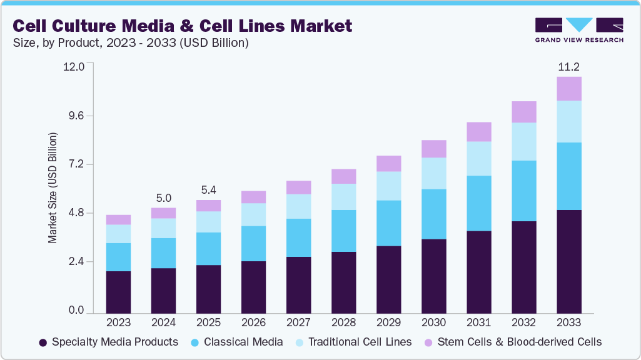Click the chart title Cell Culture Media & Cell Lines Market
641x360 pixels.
[182, 26]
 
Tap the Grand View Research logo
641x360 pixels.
[579, 30]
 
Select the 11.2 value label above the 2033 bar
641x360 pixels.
[569, 67]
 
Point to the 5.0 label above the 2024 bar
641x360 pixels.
[163, 198]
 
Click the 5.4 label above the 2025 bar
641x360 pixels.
[208, 190]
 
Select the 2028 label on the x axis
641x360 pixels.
[343, 322]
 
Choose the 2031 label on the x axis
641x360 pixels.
[478, 322]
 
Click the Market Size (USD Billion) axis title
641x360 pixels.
[53, 187]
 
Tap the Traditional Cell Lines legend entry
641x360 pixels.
[353, 342]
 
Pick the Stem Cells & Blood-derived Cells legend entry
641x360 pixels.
[512, 342]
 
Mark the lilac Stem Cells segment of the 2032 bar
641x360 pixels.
[524, 112]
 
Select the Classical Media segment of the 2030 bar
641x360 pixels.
[433, 214]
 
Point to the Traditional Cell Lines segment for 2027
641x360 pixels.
[298, 206]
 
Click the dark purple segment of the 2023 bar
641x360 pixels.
[118, 292]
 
